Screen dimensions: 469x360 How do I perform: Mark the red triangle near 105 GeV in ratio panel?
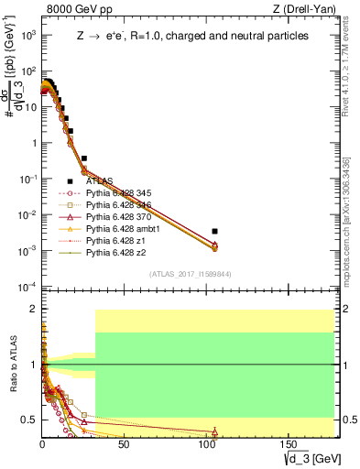[214, 431]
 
